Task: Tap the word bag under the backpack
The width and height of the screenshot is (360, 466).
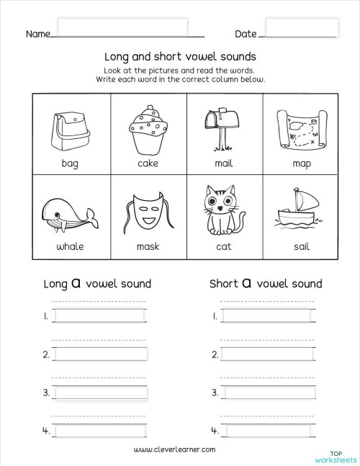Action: (x=69, y=163)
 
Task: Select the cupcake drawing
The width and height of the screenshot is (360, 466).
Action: (x=147, y=129)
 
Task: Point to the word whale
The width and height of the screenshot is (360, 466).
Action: (x=70, y=246)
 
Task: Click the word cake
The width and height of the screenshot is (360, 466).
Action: (x=147, y=163)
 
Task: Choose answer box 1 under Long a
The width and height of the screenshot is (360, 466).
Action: (x=101, y=315)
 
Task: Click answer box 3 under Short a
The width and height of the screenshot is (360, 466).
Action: (x=268, y=393)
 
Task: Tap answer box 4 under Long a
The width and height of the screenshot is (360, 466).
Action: (x=101, y=431)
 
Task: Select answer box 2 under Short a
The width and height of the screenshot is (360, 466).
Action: (x=268, y=354)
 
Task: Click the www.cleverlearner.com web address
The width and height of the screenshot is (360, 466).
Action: (x=175, y=449)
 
